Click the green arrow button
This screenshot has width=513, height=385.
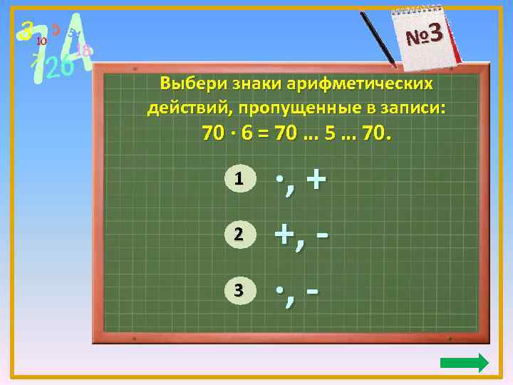(x=465, y=363)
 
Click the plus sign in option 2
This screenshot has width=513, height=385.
(x=285, y=235)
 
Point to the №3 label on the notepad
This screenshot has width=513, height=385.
(x=425, y=34)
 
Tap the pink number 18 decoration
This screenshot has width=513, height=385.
(x=83, y=51)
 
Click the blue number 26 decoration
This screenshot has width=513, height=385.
(x=58, y=67)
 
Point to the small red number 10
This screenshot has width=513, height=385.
(x=41, y=41)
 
